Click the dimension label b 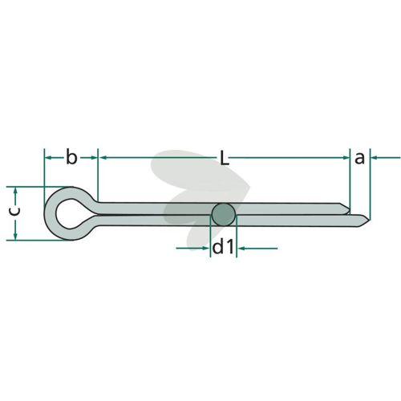click(71, 157)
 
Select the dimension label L click(225, 157)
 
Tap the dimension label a click(359, 158)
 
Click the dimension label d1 click(223, 247)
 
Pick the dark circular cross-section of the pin click(224, 215)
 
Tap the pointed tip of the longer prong click(370, 221)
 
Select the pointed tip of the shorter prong click(349, 208)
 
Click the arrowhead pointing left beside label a click(375, 158)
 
